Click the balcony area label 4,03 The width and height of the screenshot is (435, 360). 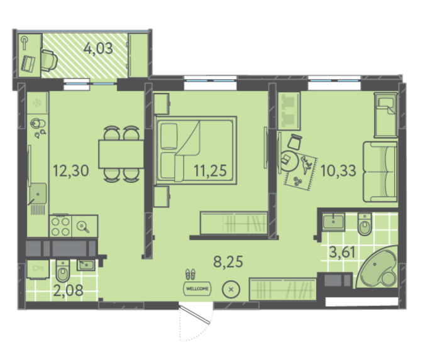[x=98, y=48]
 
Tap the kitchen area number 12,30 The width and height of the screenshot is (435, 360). [x=71, y=170]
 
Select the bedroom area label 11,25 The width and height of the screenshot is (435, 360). [x=210, y=170]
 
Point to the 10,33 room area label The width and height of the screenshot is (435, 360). [x=338, y=170]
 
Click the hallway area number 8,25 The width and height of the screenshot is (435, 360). [x=228, y=261]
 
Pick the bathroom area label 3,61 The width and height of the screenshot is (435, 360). [x=342, y=252]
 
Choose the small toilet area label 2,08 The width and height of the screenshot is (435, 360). [x=68, y=290]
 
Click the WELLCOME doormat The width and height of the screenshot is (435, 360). [x=197, y=288]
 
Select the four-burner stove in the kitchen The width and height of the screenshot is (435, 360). [x=61, y=226]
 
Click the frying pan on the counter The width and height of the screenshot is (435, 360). [x=83, y=227]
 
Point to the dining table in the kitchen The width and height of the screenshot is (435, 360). [x=121, y=154]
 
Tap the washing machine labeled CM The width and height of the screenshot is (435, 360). [x=38, y=268]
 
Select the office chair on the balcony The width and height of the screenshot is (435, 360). [x=49, y=61]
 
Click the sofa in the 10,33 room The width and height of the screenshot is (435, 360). [x=380, y=172]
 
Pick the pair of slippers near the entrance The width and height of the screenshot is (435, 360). [x=190, y=274]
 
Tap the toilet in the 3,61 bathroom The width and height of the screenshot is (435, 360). [x=365, y=224]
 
